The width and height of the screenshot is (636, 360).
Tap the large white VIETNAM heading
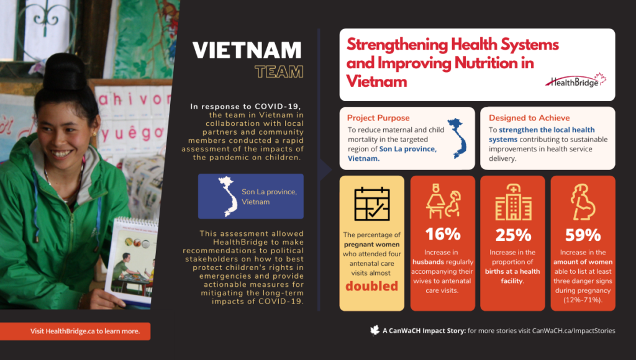tap(247, 51)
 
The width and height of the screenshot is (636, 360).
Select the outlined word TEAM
tap(279, 72)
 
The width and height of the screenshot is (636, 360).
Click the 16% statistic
tap(442, 235)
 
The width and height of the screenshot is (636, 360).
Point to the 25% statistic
tap(513, 235)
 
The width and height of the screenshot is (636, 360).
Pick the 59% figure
tap(583, 235)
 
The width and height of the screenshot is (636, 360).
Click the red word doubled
tap(371, 286)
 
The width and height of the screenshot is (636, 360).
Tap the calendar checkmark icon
tap(372, 204)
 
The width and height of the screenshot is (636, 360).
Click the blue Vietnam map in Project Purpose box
tap(457, 138)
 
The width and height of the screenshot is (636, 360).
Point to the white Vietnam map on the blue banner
tap(229, 196)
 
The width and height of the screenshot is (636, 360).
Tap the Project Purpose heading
tap(378, 118)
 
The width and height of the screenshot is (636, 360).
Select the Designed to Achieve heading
tap(529, 118)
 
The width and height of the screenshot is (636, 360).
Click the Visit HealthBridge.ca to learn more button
tap(75, 331)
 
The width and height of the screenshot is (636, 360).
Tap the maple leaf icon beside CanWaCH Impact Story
tap(375, 330)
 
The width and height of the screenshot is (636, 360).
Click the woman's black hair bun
tap(65, 72)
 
